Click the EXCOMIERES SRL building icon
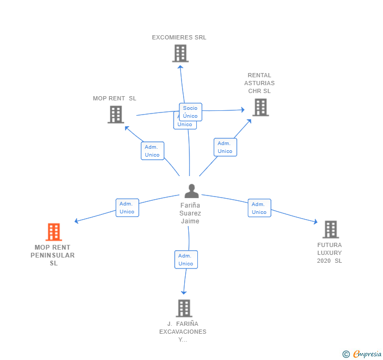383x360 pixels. click(x=180, y=54)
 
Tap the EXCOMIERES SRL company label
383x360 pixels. click(x=179, y=38)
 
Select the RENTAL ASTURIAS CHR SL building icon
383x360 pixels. click(x=260, y=107)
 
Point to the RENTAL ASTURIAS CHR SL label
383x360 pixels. click(x=259, y=83)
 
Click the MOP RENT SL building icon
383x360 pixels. click(x=116, y=115)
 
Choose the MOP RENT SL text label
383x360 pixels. click(x=114, y=98)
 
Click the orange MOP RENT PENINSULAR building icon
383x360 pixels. click(x=54, y=232)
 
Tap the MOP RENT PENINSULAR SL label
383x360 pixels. click(x=53, y=255)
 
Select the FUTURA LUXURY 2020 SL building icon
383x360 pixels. click(x=330, y=229)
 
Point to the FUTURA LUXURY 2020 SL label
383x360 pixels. click(x=329, y=253)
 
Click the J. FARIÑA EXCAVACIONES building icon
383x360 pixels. click(x=184, y=308)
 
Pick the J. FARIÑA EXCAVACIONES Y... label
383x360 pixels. click(x=183, y=332)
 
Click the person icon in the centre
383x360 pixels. click(x=191, y=191)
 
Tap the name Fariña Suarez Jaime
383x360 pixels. click(x=190, y=213)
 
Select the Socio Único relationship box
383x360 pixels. click(x=190, y=112)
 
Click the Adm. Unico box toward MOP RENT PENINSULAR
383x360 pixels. click(x=127, y=208)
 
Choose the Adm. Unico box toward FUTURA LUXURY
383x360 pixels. click(x=259, y=208)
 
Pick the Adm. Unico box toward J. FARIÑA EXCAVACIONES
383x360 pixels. click(x=186, y=260)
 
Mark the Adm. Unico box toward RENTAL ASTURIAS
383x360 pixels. click(x=225, y=147)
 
